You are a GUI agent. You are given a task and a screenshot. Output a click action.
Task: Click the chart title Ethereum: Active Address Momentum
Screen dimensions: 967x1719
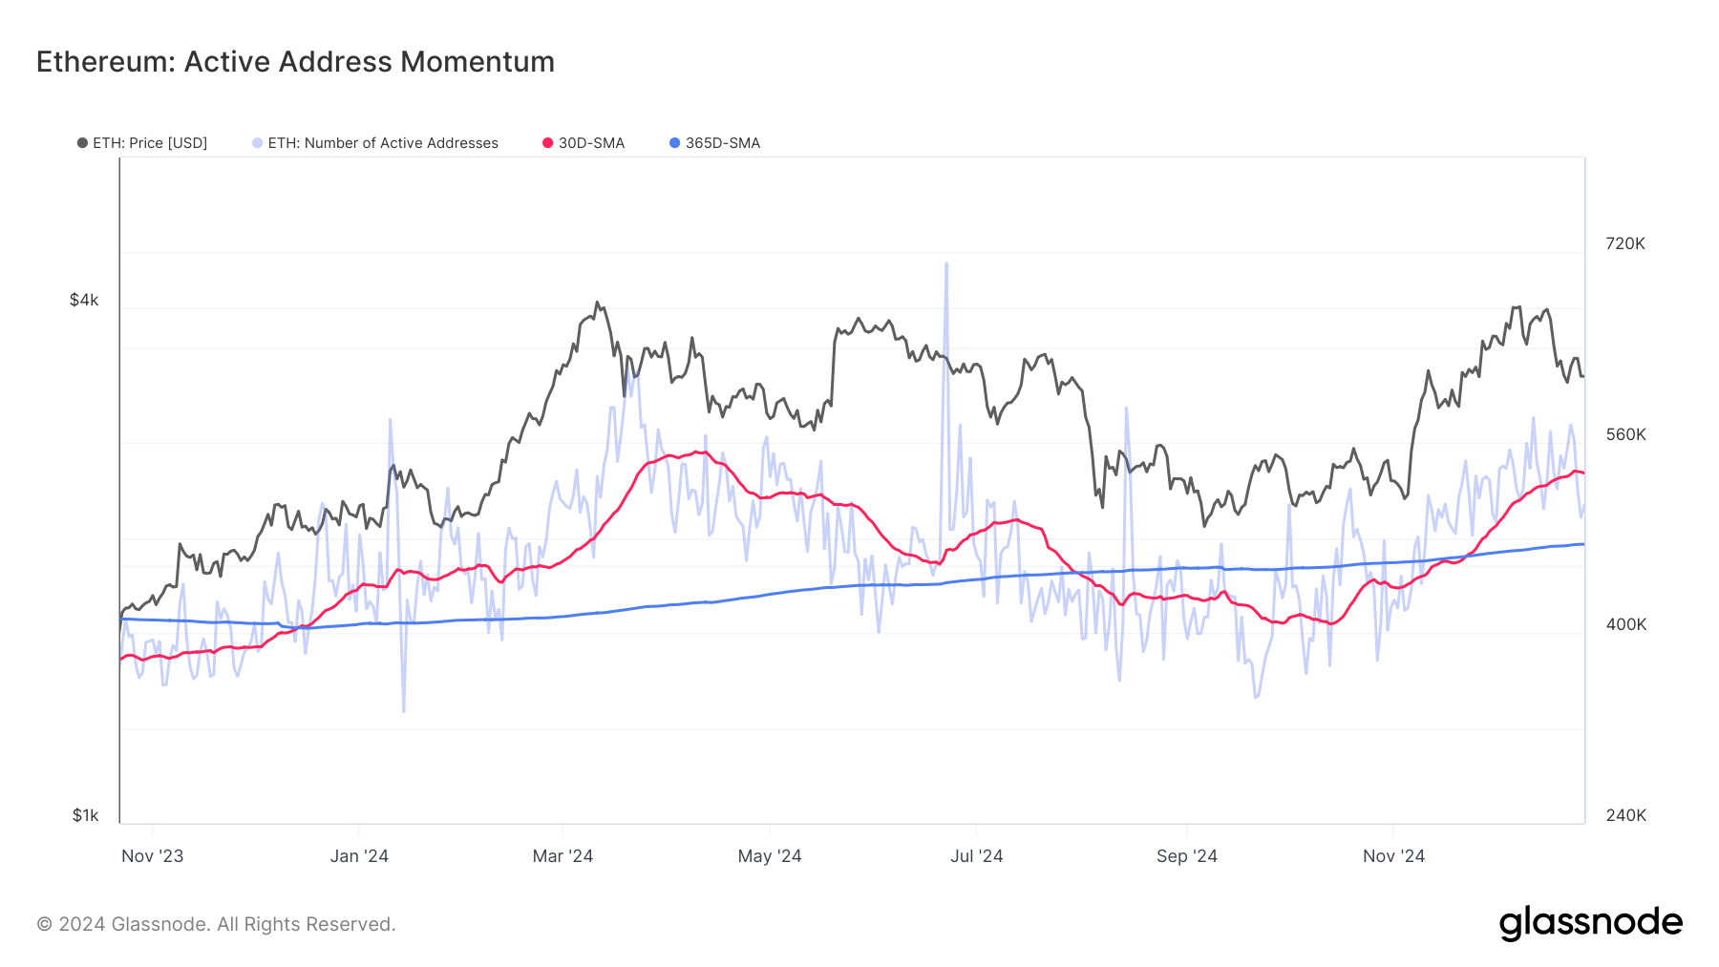[x=295, y=62]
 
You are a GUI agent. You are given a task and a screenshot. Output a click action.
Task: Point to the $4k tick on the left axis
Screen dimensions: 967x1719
[x=84, y=300]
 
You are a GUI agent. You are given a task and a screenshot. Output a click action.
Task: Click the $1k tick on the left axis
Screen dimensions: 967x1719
[x=85, y=815]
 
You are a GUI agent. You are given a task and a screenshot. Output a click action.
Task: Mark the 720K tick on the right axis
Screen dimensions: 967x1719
[x=1625, y=243]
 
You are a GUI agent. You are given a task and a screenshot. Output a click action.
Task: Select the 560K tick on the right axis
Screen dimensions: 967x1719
[x=1625, y=434]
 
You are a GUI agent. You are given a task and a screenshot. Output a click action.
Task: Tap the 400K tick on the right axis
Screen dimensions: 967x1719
[x=1625, y=624]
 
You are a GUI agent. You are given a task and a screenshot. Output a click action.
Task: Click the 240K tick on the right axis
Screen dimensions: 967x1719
[x=1625, y=815]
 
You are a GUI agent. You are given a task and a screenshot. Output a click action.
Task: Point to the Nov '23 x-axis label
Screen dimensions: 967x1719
[x=152, y=856]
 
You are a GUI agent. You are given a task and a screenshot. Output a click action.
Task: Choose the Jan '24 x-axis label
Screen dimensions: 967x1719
[x=359, y=856]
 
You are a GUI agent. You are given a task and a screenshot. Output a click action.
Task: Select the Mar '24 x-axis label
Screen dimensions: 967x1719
[x=562, y=856]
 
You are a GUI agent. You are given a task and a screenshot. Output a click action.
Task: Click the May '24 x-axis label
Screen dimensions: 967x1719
[x=770, y=856]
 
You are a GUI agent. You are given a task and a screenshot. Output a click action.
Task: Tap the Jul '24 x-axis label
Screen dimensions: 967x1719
[x=976, y=856]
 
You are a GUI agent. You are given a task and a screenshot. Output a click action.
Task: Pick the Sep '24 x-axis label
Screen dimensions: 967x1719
[x=1186, y=856]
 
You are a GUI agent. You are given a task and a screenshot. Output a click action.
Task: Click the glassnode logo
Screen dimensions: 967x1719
[x=1590, y=923]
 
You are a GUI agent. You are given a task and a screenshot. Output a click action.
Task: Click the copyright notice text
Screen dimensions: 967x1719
[x=216, y=924]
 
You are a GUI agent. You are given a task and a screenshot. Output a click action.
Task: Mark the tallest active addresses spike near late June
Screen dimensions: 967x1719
[x=946, y=265]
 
